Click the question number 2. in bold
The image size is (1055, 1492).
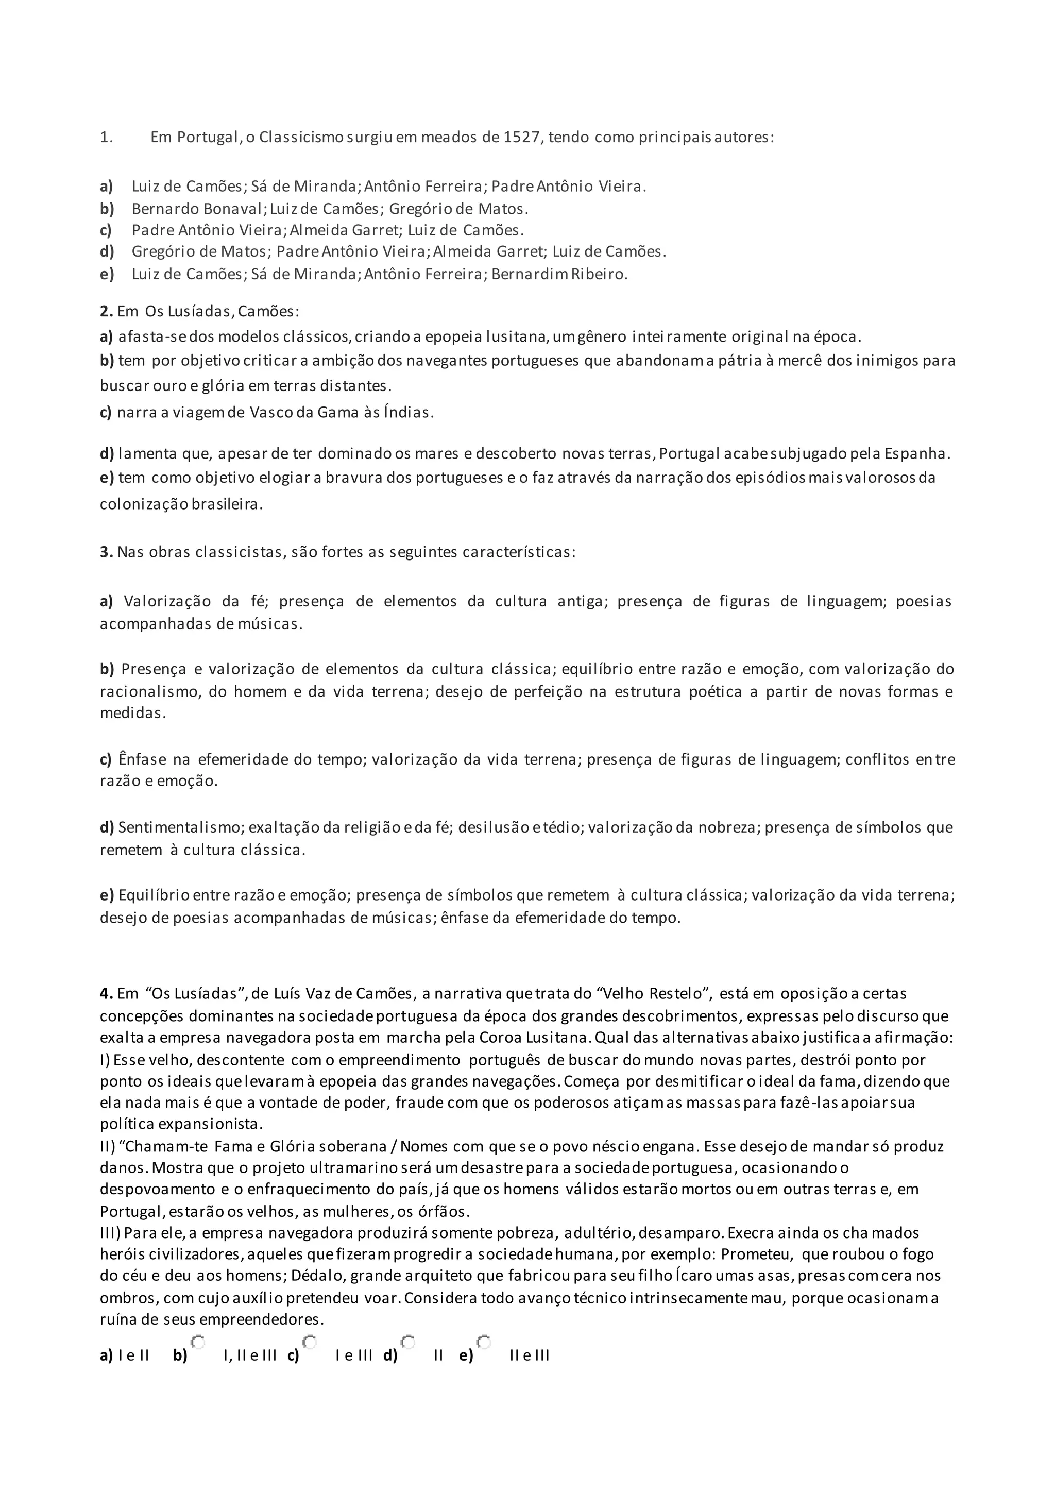(x=107, y=311)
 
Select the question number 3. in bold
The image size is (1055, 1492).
(x=107, y=552)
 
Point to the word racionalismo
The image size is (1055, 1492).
(x=149, y=691)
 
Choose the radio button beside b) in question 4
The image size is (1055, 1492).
(x=198, y=1341)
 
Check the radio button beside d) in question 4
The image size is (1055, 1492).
(x=408, y=1341)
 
